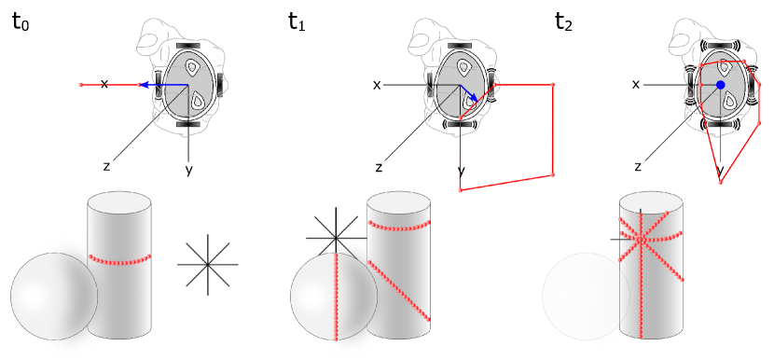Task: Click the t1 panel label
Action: point(298,23)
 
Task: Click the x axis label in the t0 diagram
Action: point(104,84)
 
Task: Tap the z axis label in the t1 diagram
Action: point(379,167)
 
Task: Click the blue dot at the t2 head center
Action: point(720,85)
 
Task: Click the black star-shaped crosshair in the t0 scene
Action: point(208,264)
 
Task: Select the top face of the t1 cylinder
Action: point(399,203)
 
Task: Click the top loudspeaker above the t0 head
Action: point(188,44)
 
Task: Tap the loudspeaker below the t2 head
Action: point(720,125)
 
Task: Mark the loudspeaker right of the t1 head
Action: point(492,83)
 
